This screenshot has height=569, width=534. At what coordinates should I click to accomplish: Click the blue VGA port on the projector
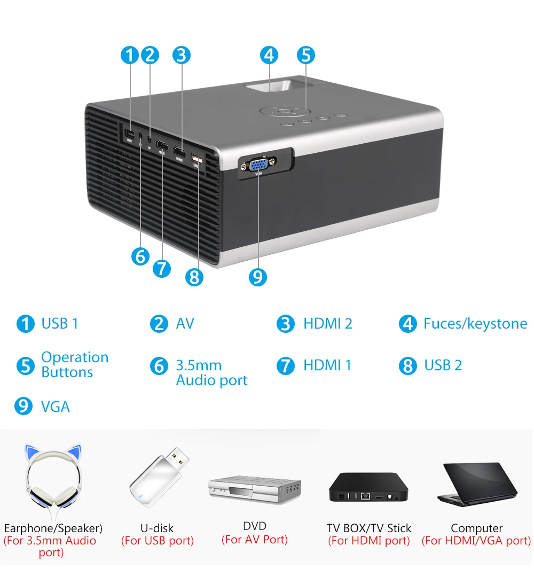click(258, 164)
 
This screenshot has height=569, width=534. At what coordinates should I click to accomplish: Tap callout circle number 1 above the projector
click(129, 55)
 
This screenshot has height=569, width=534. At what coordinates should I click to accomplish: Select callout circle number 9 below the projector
click(257, 276)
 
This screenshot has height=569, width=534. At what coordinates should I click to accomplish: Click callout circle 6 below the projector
click(140, 256)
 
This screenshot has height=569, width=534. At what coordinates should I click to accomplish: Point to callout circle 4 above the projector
click(269, 55)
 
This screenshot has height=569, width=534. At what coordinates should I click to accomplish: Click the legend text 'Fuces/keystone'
click(475, 324)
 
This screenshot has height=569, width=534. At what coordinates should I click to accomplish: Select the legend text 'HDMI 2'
click(328, 324)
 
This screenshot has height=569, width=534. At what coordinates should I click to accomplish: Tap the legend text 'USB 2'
click(443, 365)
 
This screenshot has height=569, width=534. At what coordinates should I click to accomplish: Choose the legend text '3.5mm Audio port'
click(211, 373)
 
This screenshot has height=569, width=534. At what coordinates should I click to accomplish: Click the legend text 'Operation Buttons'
click(75, 365)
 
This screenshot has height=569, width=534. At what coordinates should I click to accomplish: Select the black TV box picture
click(369, 487)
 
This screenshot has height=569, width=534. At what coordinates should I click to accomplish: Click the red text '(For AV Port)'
click(255, 540)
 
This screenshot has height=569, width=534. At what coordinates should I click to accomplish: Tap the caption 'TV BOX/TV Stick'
click(369, 528)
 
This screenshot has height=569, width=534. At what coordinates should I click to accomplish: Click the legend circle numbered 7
click(286, 366)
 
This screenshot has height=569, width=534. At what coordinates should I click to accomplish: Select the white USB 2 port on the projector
click(196, 158)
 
